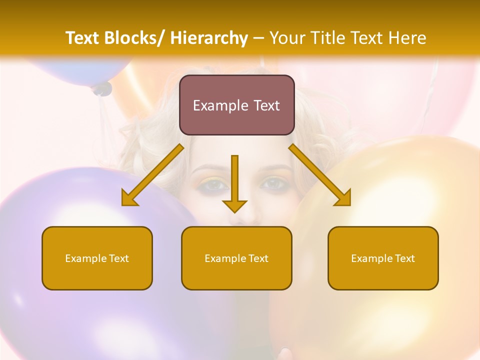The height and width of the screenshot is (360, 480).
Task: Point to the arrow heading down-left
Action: point(152,175)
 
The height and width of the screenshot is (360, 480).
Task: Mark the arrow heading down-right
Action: point(320,175)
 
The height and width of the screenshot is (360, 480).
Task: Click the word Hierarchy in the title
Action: point(209,38)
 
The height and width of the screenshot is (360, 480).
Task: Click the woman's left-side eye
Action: point(214,185)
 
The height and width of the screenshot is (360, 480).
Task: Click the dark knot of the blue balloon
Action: point(102,89)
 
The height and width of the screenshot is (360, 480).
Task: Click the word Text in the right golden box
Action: point(404,258)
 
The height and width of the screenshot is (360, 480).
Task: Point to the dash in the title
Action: point(258,38)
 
